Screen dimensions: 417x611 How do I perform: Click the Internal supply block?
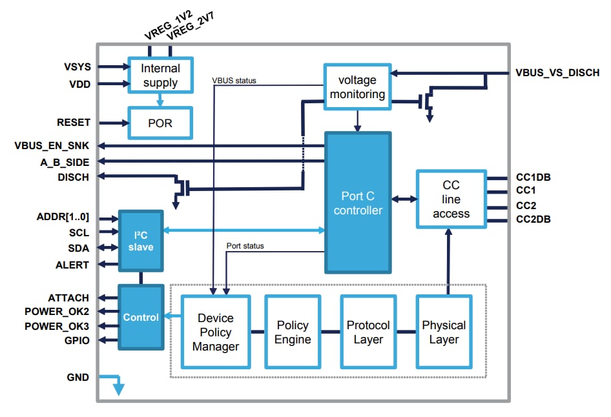(160, 76)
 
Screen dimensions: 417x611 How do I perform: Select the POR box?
(160, 122)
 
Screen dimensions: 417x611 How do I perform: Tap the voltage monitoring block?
(357, 87)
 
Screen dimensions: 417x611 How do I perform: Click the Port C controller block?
(357, 203)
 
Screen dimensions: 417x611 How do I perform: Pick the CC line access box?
(451, 199)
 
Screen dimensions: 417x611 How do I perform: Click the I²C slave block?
(140, 240)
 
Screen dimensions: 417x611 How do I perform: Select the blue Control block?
(140, 317)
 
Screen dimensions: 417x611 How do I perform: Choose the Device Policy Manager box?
(216, 332)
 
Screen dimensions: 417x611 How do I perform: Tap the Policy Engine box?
(293, 332)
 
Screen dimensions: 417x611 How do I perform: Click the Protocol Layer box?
(368, 332)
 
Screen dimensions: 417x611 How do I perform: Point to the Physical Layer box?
(444, 332)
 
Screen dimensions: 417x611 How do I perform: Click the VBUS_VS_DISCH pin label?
(556, 74)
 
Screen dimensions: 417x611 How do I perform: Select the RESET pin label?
(74, 122)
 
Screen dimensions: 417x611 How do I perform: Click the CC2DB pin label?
(533, 219)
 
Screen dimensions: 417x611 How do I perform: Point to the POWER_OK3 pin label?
(57, 326)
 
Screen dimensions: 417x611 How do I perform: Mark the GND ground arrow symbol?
(118, 385)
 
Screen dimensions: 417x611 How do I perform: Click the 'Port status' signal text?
(245, 246)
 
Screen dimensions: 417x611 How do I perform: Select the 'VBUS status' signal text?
(234, 81)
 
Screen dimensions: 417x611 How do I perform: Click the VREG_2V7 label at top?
(191, 25)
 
